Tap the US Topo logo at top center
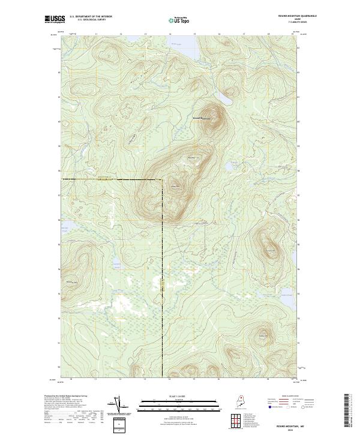(180, 20)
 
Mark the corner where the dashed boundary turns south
(162, 179)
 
